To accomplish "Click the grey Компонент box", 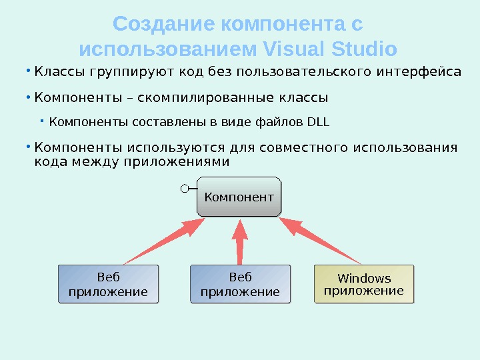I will pos(239,197).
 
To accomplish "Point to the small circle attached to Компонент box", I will pos(185,189).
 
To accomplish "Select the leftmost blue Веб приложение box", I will pos(108,284).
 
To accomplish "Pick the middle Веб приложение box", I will pos(240,284).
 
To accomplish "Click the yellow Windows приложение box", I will pos(363,284).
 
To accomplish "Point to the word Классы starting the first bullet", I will pos(57,71).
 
